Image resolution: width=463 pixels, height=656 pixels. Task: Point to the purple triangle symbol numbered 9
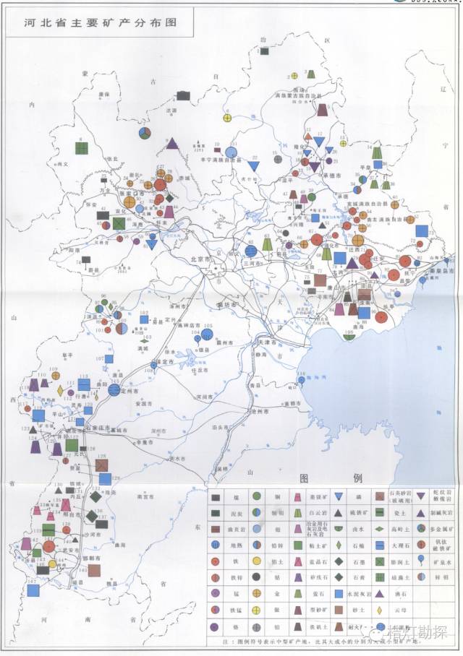pyautogui.click(x=172, y=143)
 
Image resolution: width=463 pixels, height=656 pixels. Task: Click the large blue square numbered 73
pyautogui.click(x=422, y=231)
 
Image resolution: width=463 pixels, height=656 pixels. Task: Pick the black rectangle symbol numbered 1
pyautogui.click(x=265, y=52)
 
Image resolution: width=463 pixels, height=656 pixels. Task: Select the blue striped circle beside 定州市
pyautogui.click(x=114, y=390)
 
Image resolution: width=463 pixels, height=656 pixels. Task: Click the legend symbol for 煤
pyautogui.click(x=216, y=498)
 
